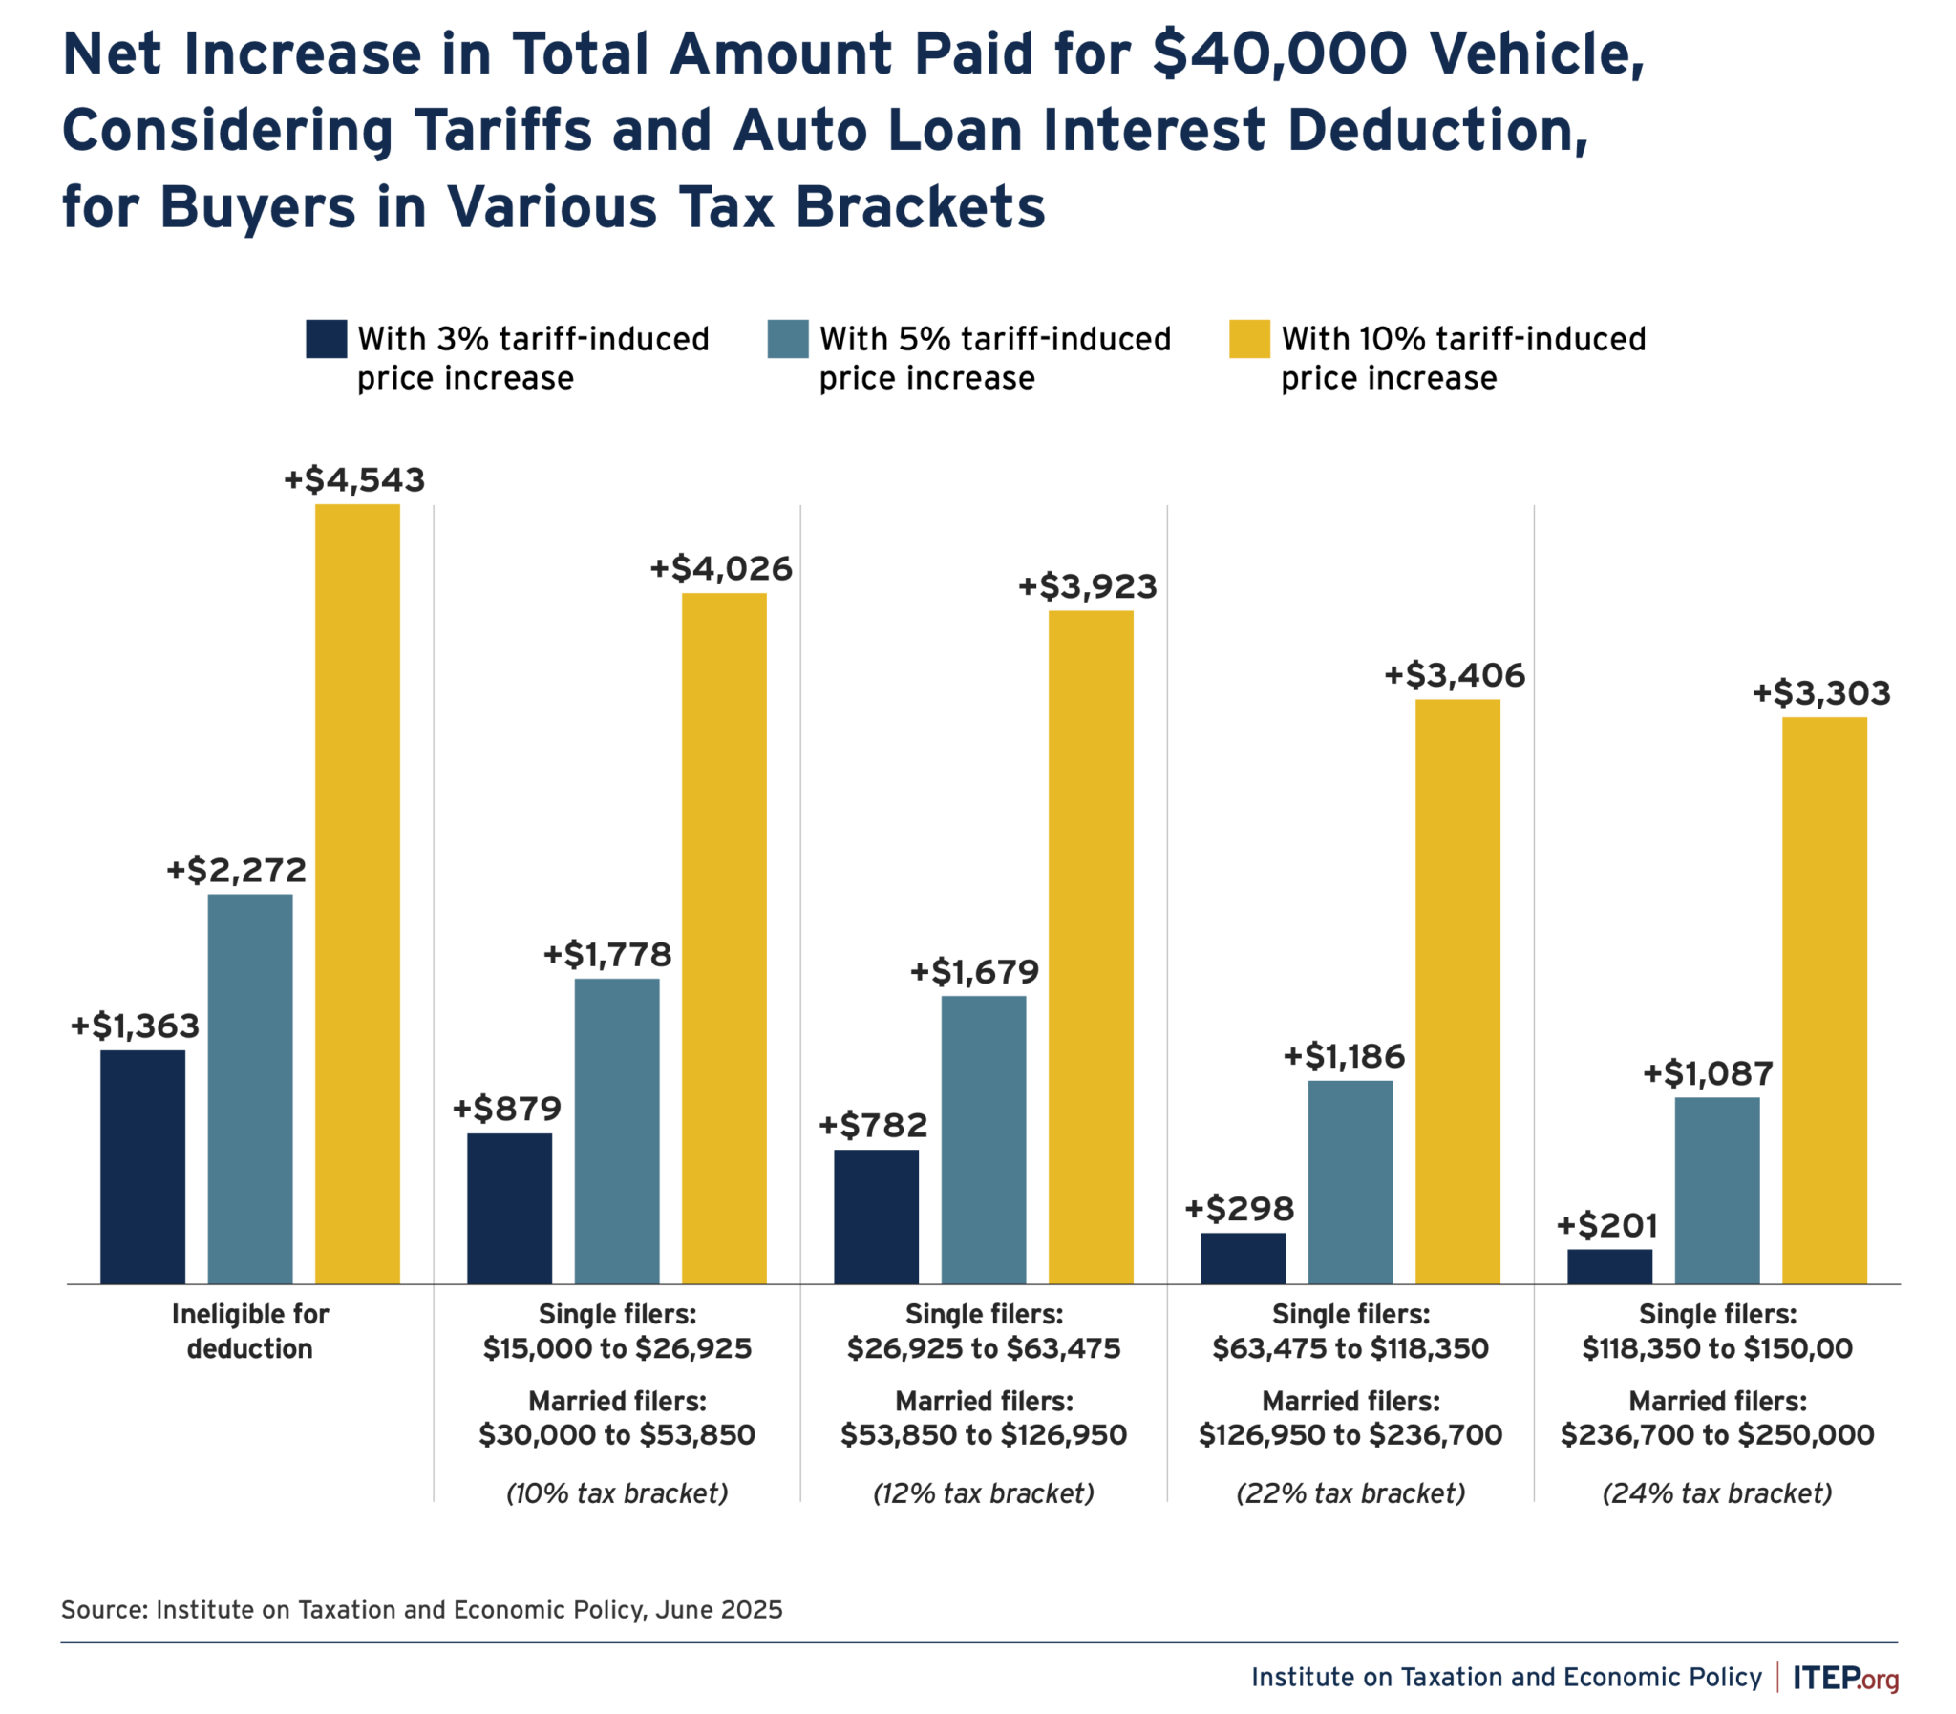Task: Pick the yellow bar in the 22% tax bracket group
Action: tap(1456, 991)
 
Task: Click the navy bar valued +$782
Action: tap(875, 1216)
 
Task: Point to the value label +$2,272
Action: tap(236, 871)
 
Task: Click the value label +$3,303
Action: tap(1820, 693)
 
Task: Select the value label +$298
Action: tap(1239, 1209)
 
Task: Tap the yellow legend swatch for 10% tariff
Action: tap(1248, 339)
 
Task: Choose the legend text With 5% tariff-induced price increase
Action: tap(994, 359)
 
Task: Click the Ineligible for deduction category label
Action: tap(249, 1330)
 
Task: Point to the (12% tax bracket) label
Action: tap(984, 1493)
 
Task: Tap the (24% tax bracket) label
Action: tap(1717, 1493)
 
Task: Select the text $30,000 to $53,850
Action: tap(617, 1435)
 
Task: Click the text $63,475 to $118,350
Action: tap(1350, 1348)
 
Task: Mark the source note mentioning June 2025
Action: tap(421, 1610)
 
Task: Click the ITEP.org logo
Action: tap(1845, 1678)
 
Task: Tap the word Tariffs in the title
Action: tap(503, 130)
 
